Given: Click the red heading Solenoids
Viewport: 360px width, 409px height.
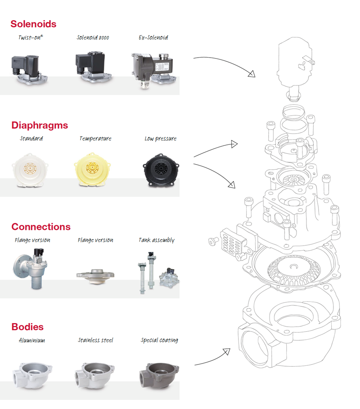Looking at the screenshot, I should coord(33,24).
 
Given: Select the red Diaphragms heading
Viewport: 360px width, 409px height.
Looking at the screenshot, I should coord(39,125).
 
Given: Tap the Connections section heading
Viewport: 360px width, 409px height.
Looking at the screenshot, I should coord(41,227).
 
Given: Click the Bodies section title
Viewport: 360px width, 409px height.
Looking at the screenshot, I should coord(27,327).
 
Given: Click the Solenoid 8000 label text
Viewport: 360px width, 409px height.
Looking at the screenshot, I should coord(93,38).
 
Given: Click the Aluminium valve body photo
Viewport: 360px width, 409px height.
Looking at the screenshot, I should coord(31,371).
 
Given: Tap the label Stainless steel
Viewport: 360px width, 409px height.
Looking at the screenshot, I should coord(95,341).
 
